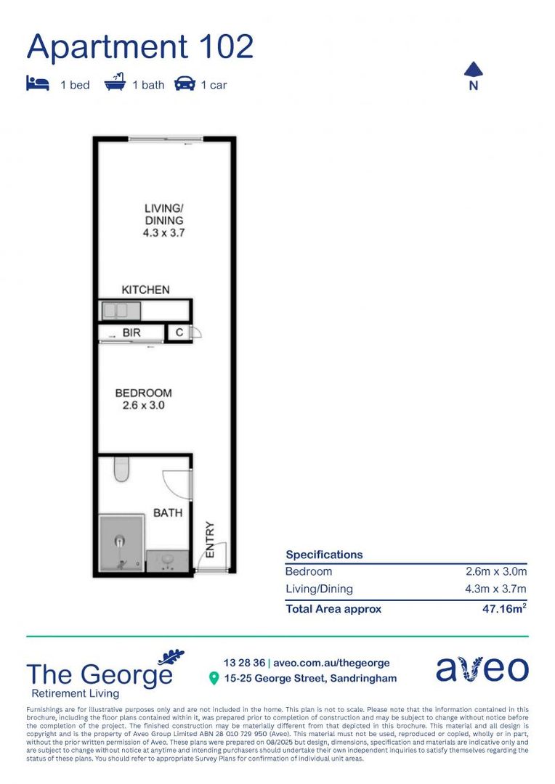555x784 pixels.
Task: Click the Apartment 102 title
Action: click(x=140, y=47)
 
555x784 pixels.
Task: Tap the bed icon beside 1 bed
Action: click(x=37, y=84)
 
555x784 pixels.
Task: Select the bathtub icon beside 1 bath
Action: click(x=115, y=83)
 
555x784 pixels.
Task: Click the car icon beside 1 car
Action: click(x=185, y=84)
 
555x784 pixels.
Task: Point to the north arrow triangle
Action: click(x=474, y=69)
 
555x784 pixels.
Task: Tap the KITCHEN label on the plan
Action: click(x=145, y=290)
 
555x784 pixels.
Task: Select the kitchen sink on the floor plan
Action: click(x=121, y=311)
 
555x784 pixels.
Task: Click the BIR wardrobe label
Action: click(x=131, y=333)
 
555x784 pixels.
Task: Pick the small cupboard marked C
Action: click(x=179, y=333)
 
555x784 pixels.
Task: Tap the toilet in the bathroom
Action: click(x=121, y=470)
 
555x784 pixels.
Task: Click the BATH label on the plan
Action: click(x=167, y=513)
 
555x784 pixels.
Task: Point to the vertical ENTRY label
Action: click(x=210, y=539)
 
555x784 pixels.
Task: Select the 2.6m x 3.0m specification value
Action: click(x=496, y=571)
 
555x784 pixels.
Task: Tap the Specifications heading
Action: click(x=324, y=555)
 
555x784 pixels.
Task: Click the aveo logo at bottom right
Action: click(x=482, y=669)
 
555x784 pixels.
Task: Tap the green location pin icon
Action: click(x=214, y=678)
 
